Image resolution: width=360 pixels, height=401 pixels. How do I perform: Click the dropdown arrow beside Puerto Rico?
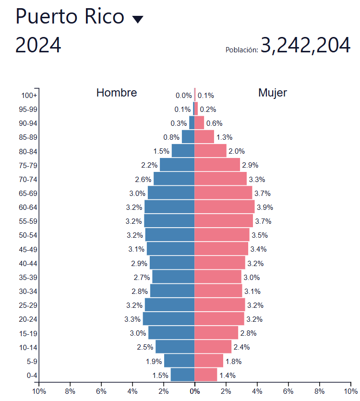pyautogui.click(x=138, y=19)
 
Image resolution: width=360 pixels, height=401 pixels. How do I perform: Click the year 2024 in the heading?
pyautogui.click(x=38, y=45)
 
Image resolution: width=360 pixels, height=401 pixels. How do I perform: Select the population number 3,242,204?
pyautogui.click(x=306, y=46)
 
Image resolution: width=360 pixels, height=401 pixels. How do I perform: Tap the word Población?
pyautogui.click(x=241, y=49)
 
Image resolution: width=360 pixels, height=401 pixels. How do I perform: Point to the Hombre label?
pyautogui.click(x=117, y=93)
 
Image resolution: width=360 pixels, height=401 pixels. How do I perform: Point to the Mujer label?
pyautogui.click(x=273, y=93)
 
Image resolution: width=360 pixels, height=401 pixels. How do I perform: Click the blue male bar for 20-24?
pyautogui.click(x=168, y=319)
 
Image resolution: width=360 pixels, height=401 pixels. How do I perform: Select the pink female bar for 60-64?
pyautogui.click(x=224, y=207)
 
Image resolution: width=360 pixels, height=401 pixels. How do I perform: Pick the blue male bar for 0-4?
pyautogui.click(x=182, y=375)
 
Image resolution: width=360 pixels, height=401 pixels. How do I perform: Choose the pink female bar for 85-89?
pyautogui.click(x=204, y=137)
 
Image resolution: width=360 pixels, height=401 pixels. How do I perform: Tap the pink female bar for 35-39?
pyautogui.click(x=218, y=277)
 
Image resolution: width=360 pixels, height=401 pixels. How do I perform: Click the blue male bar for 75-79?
pyautogui.click(x=177, y=165)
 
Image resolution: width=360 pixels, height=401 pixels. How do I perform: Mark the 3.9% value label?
pyautogui.click(x=265, y=207)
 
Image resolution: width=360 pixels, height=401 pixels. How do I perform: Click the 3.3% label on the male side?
pyautogui.click(x=132, y=319)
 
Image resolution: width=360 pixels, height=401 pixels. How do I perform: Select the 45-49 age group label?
pyautogui.click(x=28, y=249)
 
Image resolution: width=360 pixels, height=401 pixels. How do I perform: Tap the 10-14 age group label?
pyautogui.click(x=28, y=347)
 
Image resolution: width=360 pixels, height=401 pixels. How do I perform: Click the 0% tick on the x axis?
pyautogui.click(x=194, y=391)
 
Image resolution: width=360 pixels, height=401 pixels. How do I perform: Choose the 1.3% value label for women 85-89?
pyautogui.click(x=224, y=137)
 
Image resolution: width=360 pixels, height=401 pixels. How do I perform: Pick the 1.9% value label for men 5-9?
pyautogui.click(x=154, y=362)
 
